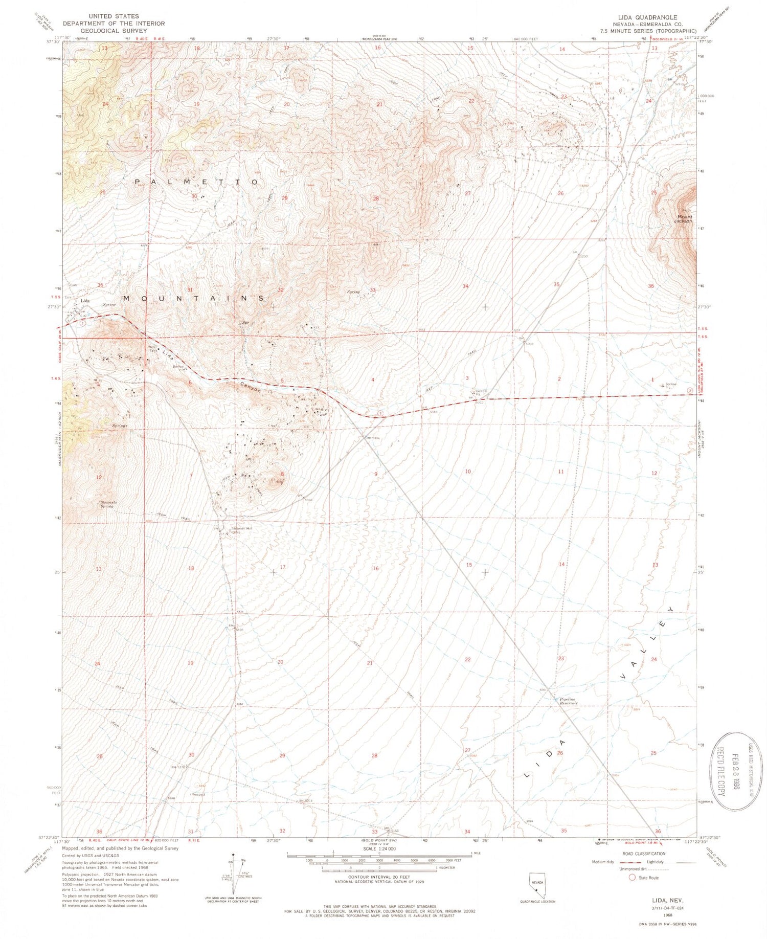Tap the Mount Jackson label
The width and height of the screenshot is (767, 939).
point(682,219)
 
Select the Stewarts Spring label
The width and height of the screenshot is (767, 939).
point(108,504)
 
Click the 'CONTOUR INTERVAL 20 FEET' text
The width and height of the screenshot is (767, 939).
point(379,876)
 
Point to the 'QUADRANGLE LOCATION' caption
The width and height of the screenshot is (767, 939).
point(537,902)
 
